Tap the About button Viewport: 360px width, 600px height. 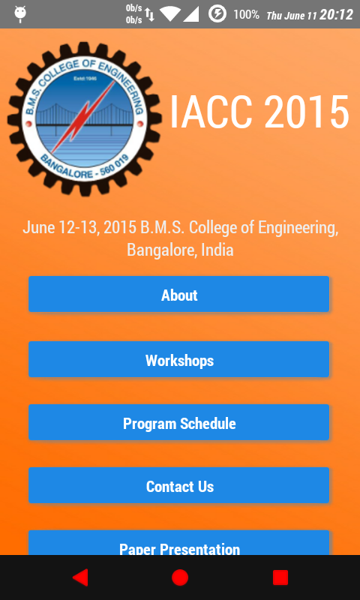coord(178,294)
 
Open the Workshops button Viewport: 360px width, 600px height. coord(178,359)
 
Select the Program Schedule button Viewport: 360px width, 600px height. coord(178,422)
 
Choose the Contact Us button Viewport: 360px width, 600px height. coord(178,485)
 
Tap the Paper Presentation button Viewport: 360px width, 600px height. coord(178,543)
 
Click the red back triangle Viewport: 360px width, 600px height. coord(80,577)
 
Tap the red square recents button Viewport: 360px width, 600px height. coord(280,577)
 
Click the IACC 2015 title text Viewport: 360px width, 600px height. coord(259,112)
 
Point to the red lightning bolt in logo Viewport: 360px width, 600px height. coord(83,116)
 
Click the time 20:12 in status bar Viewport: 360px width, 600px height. coord(336,14)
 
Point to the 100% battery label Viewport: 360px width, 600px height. coord(247,14)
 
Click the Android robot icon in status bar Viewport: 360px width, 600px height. coord(19,14)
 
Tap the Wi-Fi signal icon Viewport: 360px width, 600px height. coord(169,14)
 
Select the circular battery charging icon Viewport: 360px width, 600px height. coord(217,14)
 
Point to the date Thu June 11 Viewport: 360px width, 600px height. coord(292,16)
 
